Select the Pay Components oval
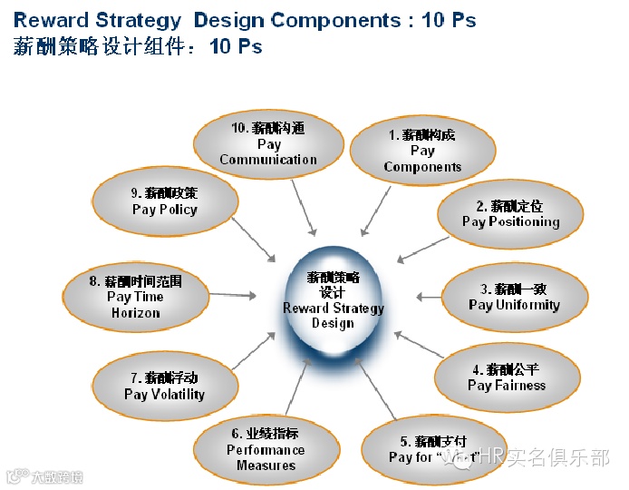point(422,152)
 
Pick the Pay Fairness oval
point(507,377)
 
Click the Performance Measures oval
point(266,449)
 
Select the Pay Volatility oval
point(164,387)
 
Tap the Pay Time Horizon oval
point(135,297)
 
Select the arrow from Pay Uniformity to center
point(428,296)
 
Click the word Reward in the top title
point(51,20)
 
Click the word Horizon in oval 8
point(135,313)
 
